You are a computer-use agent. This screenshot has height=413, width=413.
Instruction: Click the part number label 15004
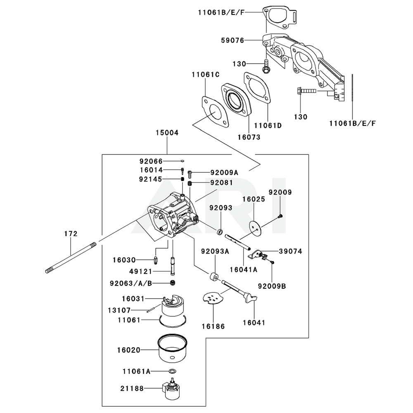(167, 133)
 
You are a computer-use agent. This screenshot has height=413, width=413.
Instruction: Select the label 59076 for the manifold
(233, 40)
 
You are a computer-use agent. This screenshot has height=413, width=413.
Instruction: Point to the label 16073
(249, 137)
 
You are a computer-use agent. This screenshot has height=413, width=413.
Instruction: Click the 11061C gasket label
(205, 74)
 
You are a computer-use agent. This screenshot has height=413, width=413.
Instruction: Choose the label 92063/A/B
(131, 283)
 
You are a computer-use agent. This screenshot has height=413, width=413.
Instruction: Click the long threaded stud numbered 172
(70, 257)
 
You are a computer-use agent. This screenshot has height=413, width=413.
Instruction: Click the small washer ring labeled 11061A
(173, 371)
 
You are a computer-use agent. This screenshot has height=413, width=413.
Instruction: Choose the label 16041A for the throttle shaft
(243, 269)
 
